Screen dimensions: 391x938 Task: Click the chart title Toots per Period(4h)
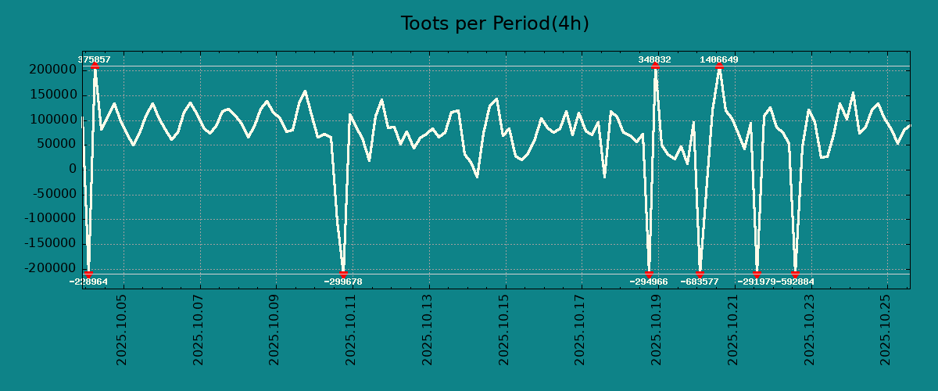point(494,23)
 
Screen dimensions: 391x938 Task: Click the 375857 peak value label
point(94,59)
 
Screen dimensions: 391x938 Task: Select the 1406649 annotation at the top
point(718,59)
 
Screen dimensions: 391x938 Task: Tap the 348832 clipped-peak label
point(654,59)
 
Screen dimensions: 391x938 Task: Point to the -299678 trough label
point(343,282)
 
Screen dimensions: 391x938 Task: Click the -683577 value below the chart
point(700,282)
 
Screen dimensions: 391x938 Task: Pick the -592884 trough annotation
point(796,282)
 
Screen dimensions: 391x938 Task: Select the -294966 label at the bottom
point(649,282)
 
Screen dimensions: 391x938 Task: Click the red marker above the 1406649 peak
point(719,66)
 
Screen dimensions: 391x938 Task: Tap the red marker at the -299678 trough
point(343,274)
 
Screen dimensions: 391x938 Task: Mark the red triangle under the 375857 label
point(95,66)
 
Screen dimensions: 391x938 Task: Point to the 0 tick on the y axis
point(73,169)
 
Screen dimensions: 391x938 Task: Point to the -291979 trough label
point(757,282)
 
